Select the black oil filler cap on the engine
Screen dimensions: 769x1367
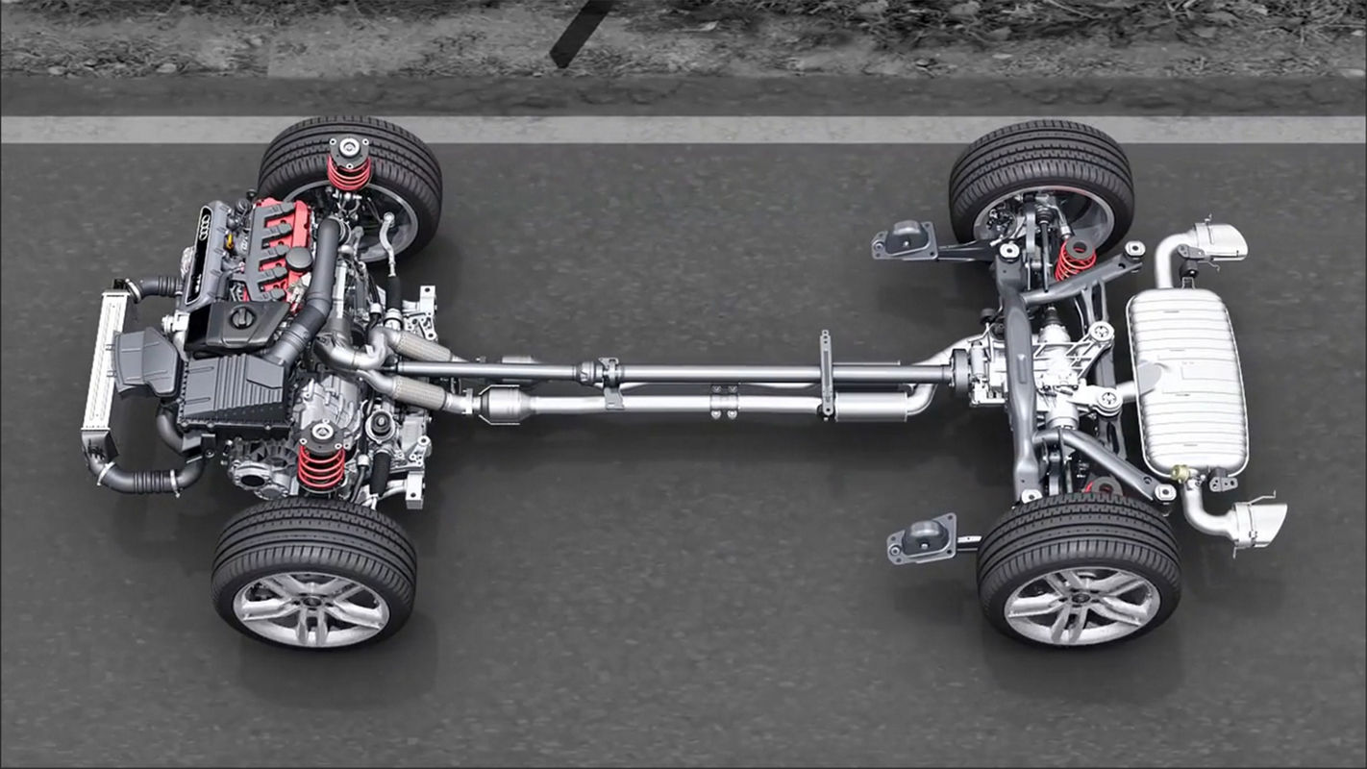242,317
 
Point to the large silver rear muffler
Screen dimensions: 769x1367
1188,381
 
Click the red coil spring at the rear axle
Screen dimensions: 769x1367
1075,260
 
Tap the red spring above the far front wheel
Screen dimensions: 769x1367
348,173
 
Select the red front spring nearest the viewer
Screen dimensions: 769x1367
321,466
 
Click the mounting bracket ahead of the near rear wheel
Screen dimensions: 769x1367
923,538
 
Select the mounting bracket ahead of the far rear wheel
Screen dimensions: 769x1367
905,239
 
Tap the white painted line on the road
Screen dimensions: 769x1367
673,130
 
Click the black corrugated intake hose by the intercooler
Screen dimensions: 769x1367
144,479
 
